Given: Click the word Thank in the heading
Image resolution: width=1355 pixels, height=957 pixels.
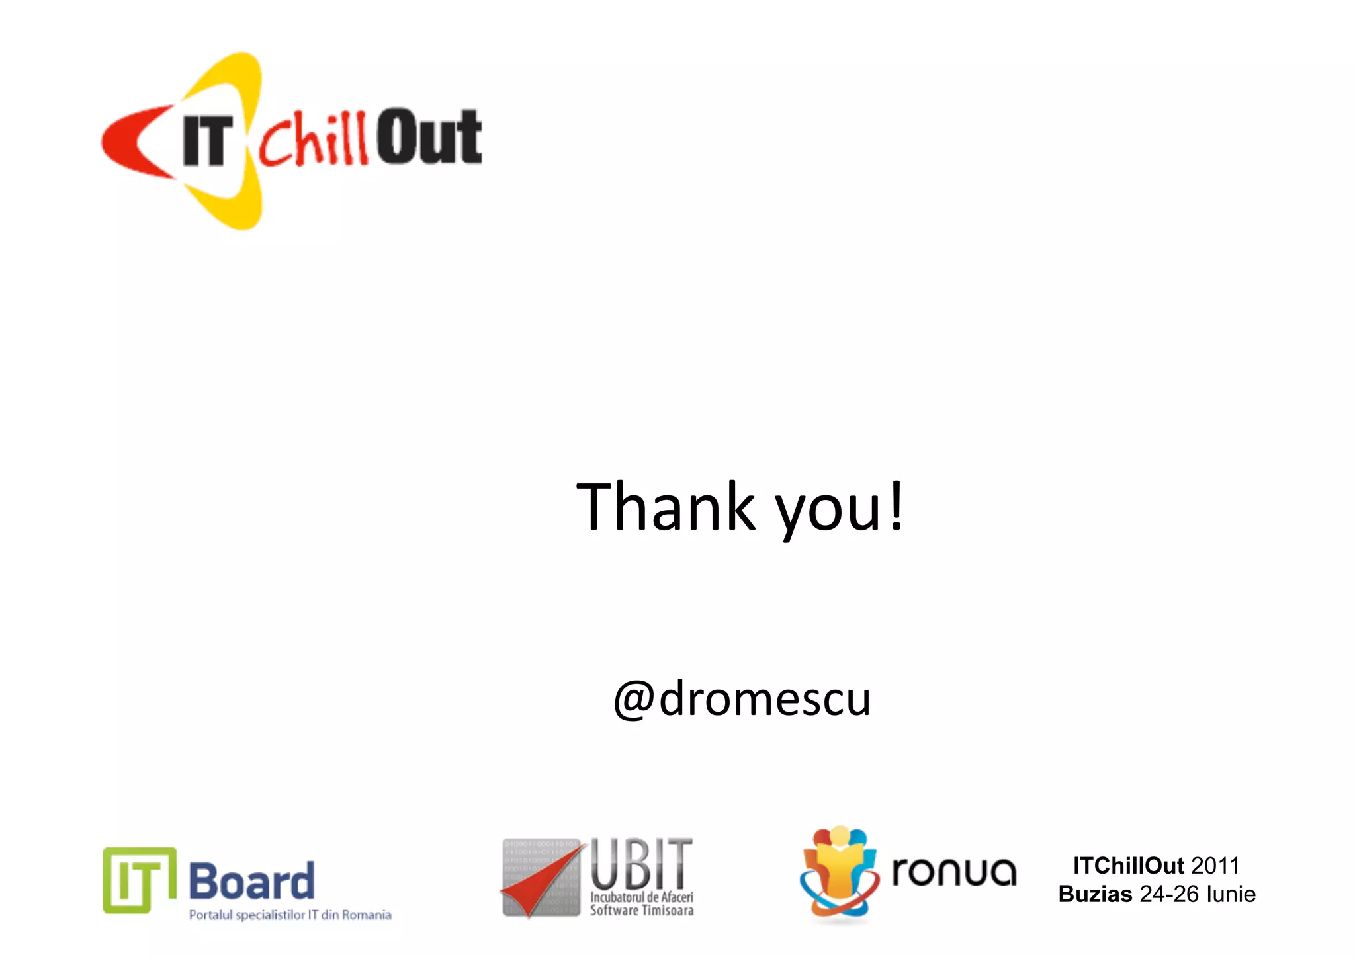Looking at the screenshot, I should click(x=665, y=507).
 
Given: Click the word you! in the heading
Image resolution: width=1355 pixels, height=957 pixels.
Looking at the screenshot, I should click(x=839, y=509).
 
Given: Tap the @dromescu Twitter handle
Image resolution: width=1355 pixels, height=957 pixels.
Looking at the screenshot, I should click(x=742, y=698).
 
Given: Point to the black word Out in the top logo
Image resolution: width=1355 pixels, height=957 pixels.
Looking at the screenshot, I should click(x=429, y=136).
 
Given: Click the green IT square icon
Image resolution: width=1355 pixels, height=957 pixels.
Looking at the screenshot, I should click(x=139, y=880).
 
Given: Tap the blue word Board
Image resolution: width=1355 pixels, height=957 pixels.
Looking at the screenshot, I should click(x=251, y=882).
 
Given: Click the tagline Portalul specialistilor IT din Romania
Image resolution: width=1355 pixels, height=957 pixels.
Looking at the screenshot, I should click(x=290, y=915).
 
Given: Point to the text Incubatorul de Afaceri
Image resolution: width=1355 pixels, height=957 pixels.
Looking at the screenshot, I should click(x=641, y=897).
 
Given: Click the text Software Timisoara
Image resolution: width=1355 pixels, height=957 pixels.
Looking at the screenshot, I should click(x=641, y=911).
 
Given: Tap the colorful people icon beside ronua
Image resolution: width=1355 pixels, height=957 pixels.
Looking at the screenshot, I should click(x=839, y=873).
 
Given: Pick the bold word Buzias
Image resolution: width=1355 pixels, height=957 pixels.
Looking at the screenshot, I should click(x=1095, y=894).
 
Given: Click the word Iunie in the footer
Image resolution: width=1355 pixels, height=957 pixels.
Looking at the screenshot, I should click(x=1231, y=894).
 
